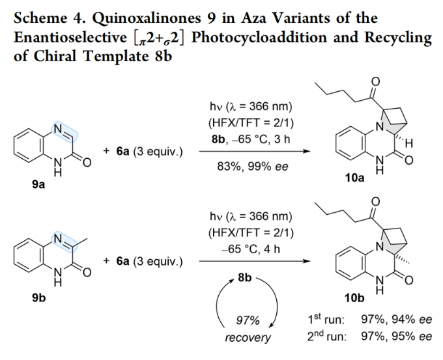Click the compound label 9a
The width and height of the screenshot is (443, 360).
coord(38,184)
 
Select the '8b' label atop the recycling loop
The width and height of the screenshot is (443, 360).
coord(245,277)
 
